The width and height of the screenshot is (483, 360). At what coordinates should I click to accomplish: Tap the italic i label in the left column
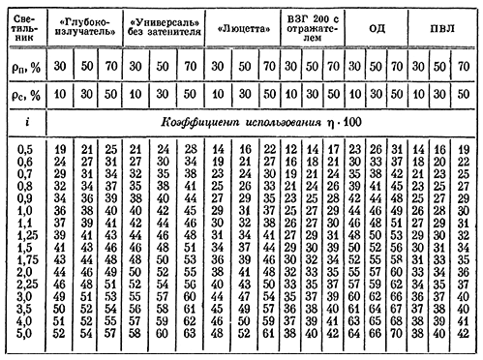(x=22, y=125)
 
